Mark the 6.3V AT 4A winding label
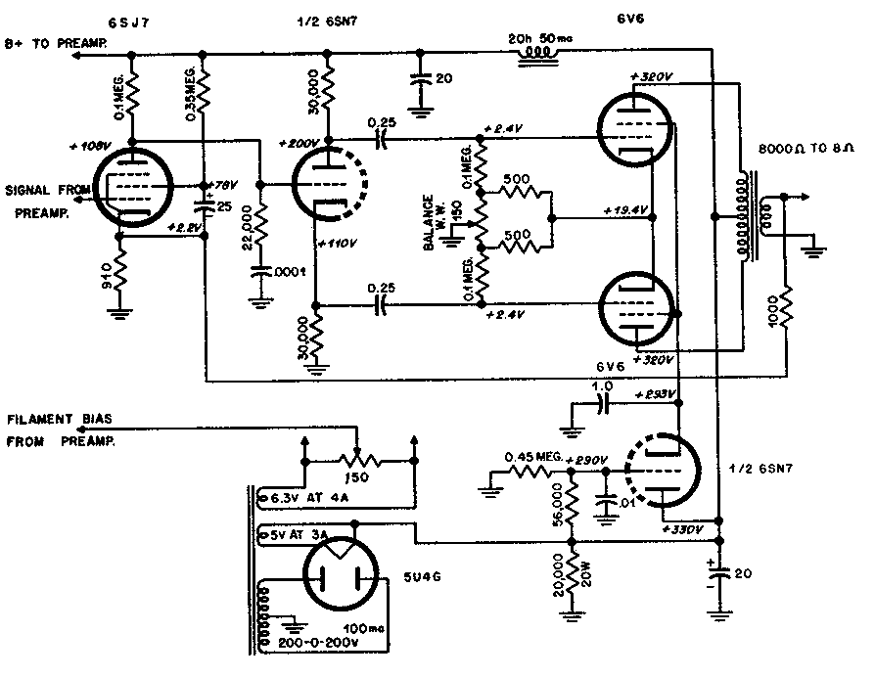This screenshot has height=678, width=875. pos(305,497)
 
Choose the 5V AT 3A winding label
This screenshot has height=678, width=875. pos(302,536)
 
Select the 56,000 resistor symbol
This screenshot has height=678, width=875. pos(573,510)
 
